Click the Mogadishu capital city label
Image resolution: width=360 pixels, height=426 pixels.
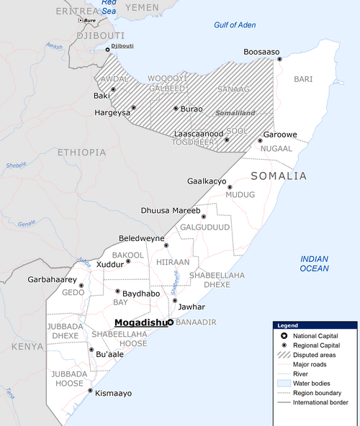point(140,323)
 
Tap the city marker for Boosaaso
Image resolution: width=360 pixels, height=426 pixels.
point(280,59)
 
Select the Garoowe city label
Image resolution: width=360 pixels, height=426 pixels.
point(280,135)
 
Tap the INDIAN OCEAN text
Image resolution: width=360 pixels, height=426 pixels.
point(315,263)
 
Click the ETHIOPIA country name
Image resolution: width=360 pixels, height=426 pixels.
point(82,153)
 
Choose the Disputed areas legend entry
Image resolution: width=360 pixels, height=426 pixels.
point(312,355)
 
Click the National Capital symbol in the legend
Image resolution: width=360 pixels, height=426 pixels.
point(284,336)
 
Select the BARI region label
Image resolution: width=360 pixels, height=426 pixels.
point(304,78)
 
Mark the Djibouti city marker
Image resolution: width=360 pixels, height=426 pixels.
point(109,50)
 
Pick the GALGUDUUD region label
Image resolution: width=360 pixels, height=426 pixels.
point(204,227)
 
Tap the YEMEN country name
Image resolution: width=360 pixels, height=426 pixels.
point(142,6)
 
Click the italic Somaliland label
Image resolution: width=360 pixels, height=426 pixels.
point(235,114)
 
